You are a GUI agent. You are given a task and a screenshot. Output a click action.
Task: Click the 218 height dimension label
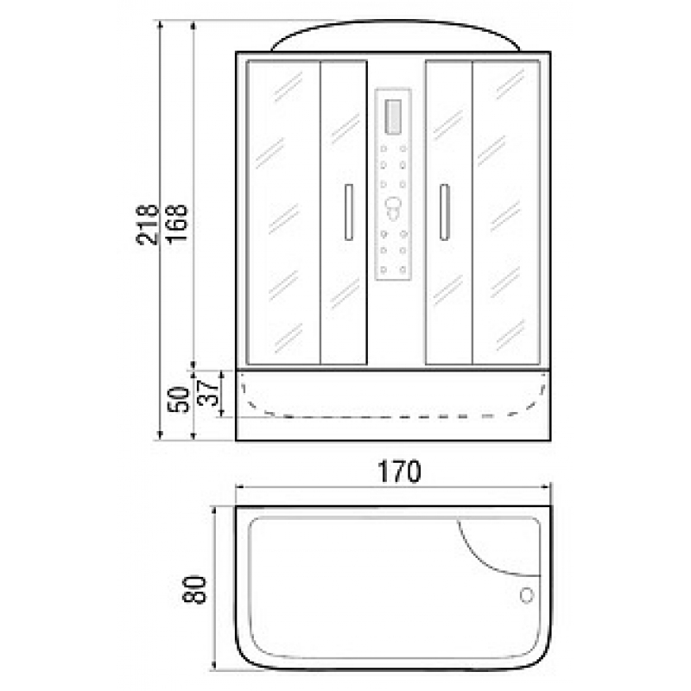[147, 225]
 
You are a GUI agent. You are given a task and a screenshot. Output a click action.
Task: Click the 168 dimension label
[177, 225]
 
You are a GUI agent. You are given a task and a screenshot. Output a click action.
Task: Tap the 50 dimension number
[178, 399]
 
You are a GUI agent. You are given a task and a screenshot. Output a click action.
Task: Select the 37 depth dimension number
[207, 393]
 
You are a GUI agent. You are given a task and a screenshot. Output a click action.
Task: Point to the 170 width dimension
[399, 472]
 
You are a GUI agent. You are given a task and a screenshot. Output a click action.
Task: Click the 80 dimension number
[193, 589]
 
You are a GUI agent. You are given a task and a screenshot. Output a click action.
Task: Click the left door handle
[349, 212]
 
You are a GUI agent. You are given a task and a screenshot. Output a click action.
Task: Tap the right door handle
[444, 212]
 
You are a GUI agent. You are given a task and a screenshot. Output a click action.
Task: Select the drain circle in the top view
[527, 595]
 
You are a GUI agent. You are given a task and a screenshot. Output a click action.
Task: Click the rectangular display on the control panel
[393, 117]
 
